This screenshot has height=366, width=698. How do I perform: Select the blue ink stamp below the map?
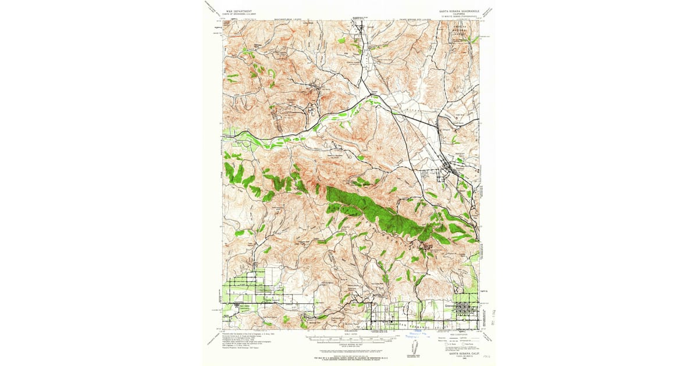click(414, 335)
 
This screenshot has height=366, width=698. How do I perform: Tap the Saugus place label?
click(445, 130)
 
